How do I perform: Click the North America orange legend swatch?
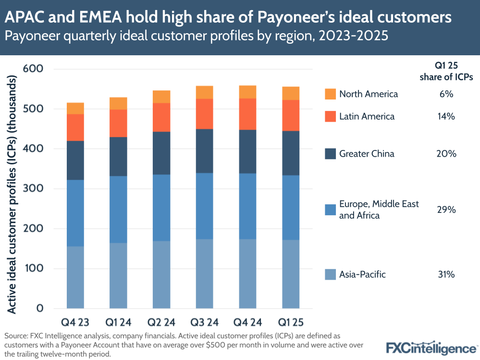click(x=330, y=94)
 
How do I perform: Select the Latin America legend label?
click(x=367, y=116)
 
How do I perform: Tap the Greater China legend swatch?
click(x=330, y=154)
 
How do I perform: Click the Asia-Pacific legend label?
click(x=362, y=274)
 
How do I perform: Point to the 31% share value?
click(x=446, y=274)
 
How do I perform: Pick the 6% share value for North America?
click(x=446, y=94)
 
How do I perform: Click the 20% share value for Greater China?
click(x=446, y=154)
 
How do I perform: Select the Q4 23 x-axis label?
click(x=75, y=321)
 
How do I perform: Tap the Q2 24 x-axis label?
click(x=161, y=321)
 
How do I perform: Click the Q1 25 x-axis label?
click(x=291, y=321)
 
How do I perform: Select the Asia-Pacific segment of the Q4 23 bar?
click(x=75, y=277)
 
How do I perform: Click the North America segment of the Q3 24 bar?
click(x=205, y=92)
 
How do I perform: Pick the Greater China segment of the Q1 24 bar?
click(x=118, y=157)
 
